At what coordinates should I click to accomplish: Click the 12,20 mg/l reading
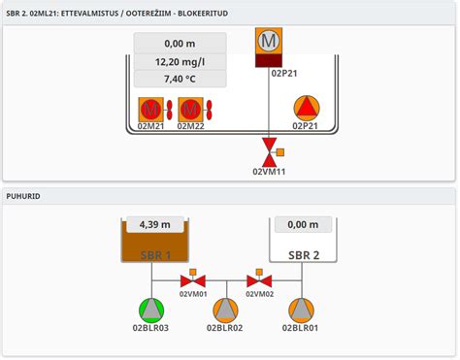coord(180,62)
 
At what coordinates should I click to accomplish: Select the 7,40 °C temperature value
coord(180,80)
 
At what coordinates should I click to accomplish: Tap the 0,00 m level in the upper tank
coord(180,44)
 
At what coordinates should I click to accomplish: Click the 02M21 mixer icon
coord(150,109)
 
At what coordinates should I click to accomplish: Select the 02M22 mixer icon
coord(191,109)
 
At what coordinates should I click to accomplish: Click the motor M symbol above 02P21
coord(269,42)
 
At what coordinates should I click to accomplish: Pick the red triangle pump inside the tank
coord(306,108)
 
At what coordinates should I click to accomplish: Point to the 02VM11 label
coord(269,172)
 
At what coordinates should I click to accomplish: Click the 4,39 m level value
coord(155,224)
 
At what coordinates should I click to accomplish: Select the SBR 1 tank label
coord(155,255)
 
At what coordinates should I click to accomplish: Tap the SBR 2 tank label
coord(304,255)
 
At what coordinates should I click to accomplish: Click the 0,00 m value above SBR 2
coord(304,224)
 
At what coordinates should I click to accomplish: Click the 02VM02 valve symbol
coord(259,281)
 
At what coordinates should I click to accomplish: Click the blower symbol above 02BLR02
coord(226,310)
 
